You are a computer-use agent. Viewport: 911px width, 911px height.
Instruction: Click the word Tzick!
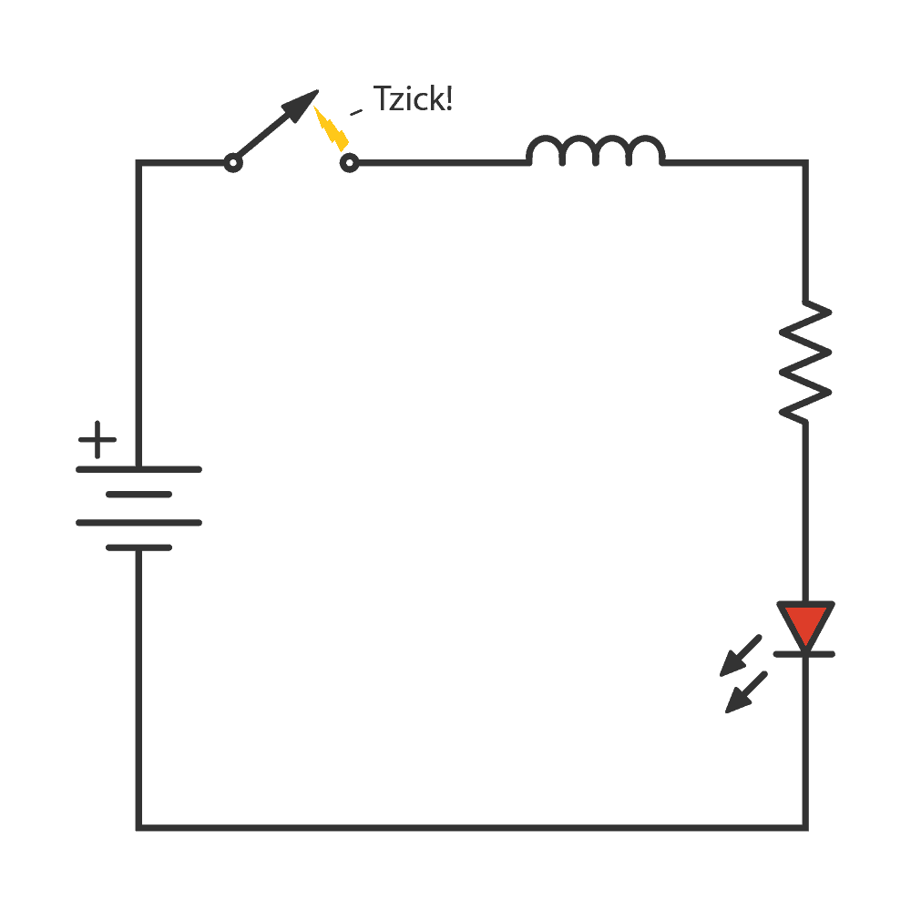coord(413,98)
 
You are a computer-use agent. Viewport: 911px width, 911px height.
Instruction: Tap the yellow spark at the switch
coord(332,129)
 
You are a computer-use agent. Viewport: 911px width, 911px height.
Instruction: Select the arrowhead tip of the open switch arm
coord(316,92)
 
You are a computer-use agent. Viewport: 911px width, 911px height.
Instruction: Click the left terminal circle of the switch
coord(232,163)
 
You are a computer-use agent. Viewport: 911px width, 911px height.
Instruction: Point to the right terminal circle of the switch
coord(348,163)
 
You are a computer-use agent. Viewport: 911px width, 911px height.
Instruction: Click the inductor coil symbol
coord(596,151)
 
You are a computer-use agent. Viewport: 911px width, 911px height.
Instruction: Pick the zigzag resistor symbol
coord(805,362)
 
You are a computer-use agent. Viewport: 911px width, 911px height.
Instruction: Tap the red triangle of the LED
coord(805,622)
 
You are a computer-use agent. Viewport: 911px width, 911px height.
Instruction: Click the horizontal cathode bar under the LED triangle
coord(804,653)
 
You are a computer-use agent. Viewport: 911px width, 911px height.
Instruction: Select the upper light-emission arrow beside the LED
coord(740,656)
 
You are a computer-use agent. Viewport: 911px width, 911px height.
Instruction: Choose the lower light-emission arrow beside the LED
coord(746,692)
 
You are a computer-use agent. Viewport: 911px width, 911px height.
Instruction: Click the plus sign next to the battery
coord(97,441)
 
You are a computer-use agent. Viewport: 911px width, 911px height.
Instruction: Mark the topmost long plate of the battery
coord(138,469)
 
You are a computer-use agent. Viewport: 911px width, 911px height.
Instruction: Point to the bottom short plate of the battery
coord(138,548)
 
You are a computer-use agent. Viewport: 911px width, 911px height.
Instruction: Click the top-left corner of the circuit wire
coord(138,163)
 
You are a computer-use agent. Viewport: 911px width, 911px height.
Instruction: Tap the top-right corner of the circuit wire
coord(805,163)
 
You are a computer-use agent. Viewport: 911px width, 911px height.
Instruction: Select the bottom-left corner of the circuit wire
coord(138,827)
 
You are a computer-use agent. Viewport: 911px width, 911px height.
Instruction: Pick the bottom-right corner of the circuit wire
coord(805,827)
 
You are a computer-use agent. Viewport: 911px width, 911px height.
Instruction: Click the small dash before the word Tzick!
coord(356,112)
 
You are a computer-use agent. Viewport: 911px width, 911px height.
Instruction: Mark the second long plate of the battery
coord(138,522)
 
